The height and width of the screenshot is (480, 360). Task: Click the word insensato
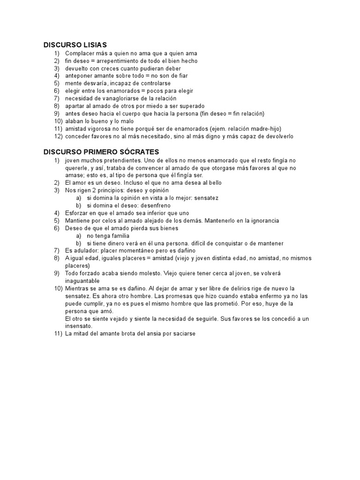[79, 326]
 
